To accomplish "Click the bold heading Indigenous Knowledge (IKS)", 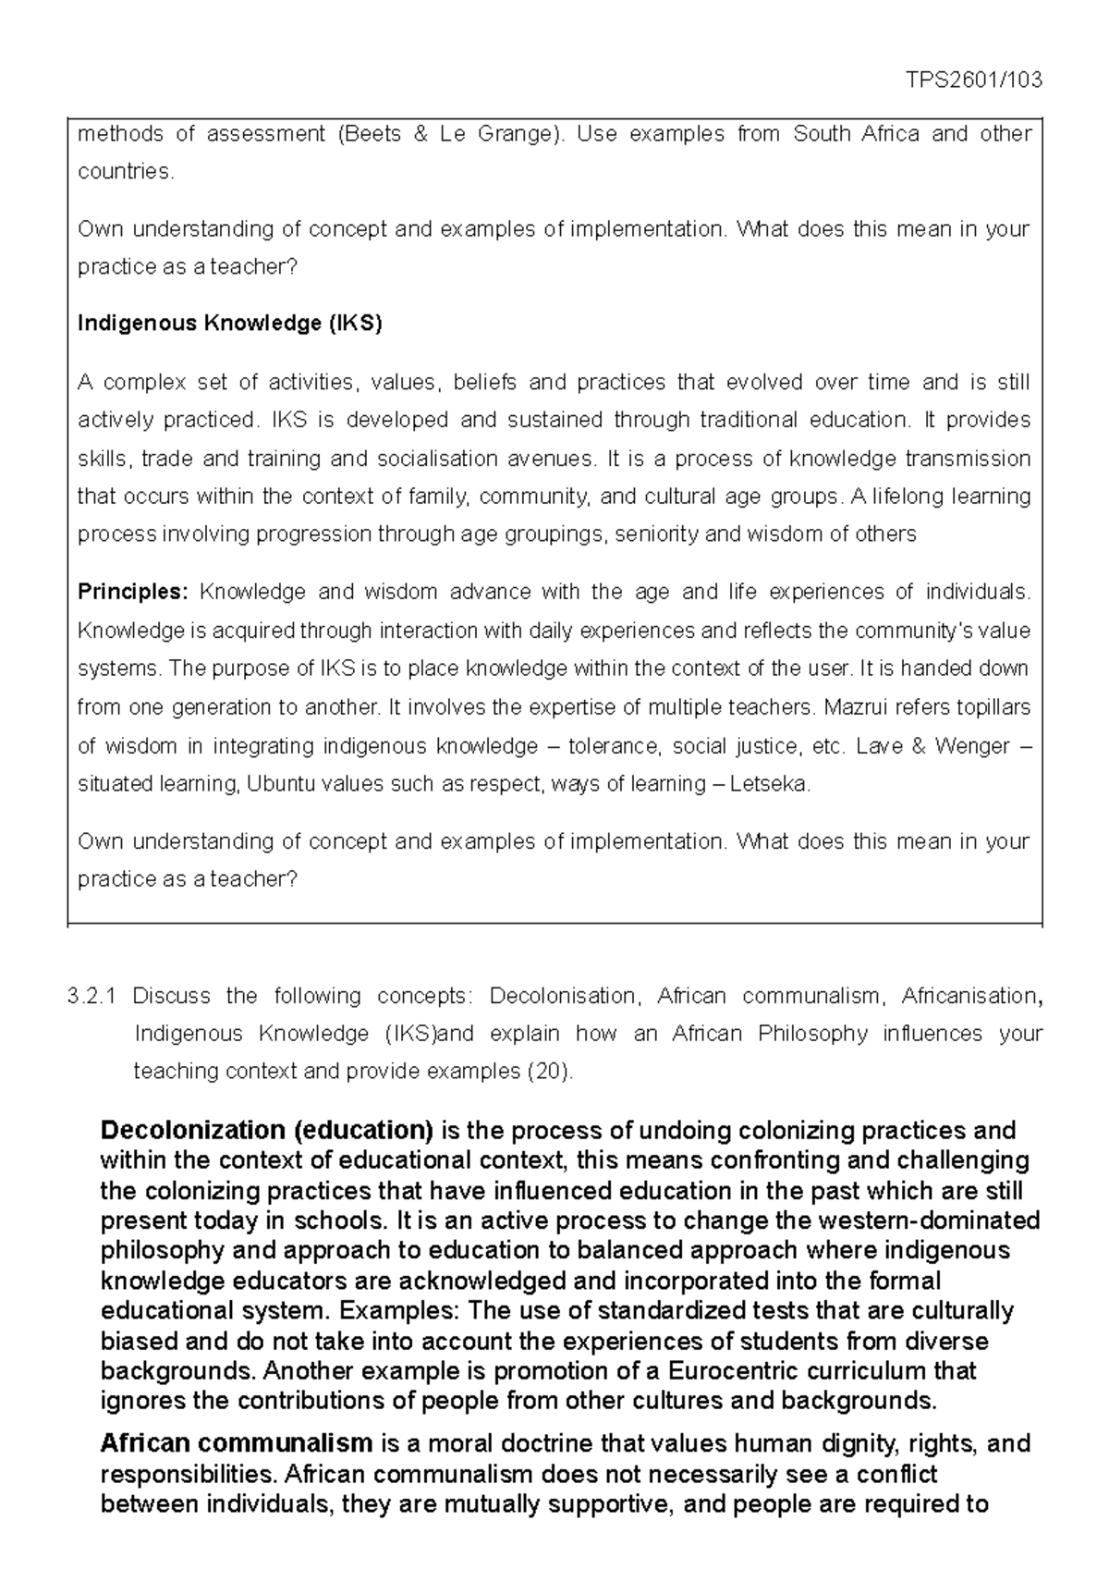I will pyautogui.click(x=229, y=324).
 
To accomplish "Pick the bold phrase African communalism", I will pyautogui.click(x=236, y=1443).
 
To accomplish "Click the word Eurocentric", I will pyautogui.click(x=686, y=1371).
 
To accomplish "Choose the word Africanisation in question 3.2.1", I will pyautogui.click(x=969, y=996).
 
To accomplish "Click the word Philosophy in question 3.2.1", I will pyautogui.click(x=812, y=1034).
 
